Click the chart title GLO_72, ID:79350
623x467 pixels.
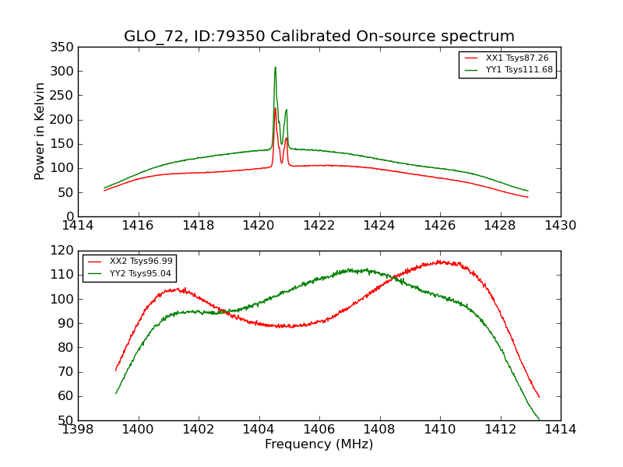[319, 37]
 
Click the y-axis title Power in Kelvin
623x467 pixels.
[40, 131]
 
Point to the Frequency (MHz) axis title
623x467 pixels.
[319, 444]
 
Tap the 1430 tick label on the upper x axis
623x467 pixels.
[560, 226]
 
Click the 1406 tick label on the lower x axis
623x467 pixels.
[319, 429]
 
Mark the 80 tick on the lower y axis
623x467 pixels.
[66, 348]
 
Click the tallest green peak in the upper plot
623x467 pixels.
[275, 68]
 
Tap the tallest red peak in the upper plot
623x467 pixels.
[275, 109]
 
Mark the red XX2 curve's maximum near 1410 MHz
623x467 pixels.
[441, 262]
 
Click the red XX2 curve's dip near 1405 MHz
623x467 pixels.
[290, 326]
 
